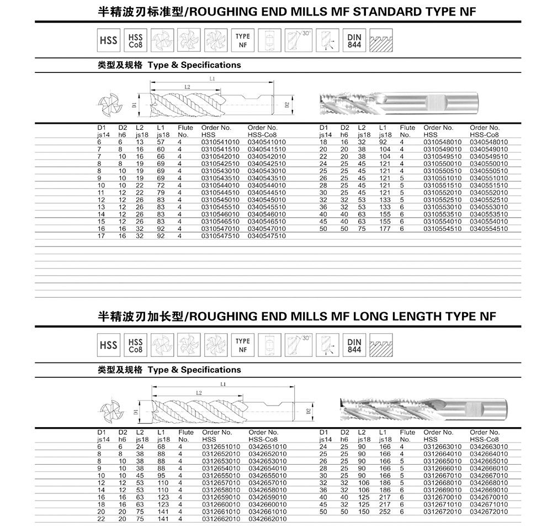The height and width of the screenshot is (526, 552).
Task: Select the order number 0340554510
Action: (x=489, y=228)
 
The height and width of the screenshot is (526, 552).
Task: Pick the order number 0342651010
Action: (x=268, y=446)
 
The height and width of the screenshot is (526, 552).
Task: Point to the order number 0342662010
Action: (x=268, y=518)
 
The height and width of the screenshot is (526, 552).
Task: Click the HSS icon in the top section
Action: (x=109, y=40)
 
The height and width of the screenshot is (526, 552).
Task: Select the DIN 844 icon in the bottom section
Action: (x=354, y=345)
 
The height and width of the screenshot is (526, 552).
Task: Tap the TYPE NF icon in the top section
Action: (x=243, y=40)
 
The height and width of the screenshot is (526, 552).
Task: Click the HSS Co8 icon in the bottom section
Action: (x=136, y=345)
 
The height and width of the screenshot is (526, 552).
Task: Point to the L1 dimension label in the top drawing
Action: (x=212, y=80)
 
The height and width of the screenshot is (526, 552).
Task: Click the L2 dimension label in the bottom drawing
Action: (x=198, y=392)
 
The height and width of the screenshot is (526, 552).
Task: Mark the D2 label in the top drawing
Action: (x=287, y=104)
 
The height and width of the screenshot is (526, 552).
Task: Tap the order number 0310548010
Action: (x=442, y=142)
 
